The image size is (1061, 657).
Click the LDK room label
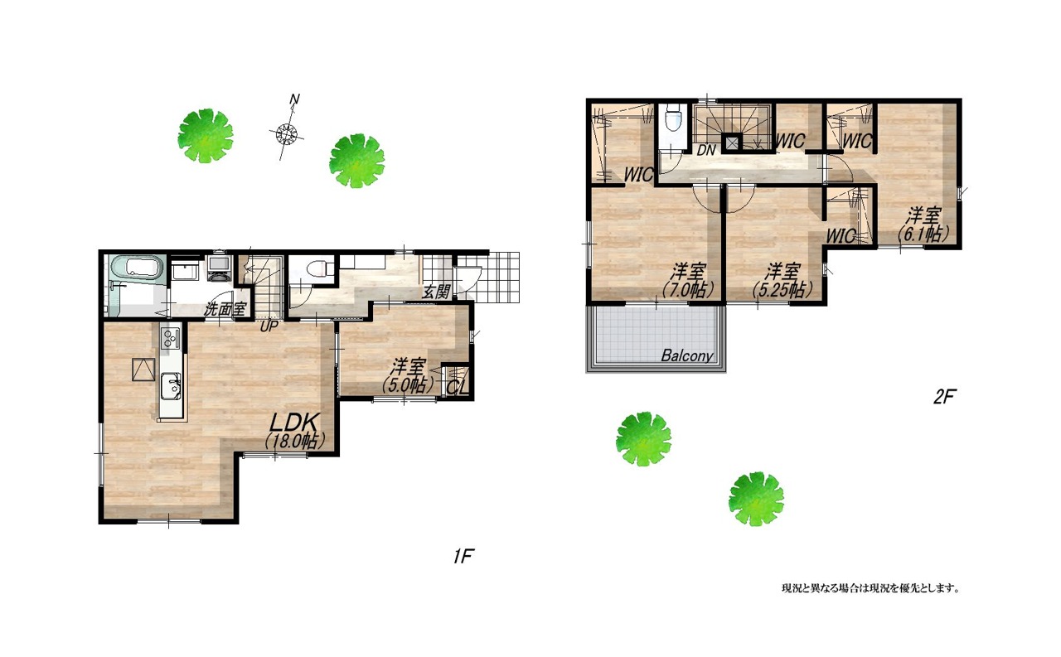coord(293,421)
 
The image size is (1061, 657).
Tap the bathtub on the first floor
coord(138,269)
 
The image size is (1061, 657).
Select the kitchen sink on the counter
coord(170,386)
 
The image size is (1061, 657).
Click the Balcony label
coord(687,355)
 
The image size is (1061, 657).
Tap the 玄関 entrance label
coord(436,292)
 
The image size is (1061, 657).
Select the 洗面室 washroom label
coord(225,310)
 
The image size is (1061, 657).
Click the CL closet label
coord(458,388)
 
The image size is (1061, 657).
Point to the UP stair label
coord(269,326)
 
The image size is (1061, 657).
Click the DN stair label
coord(705,151)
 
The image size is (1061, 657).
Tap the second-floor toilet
coord(672,118)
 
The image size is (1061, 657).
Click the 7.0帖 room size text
coord(688,289)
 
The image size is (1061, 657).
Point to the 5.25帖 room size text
coord(783,289)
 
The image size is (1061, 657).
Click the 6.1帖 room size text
coord(923,234)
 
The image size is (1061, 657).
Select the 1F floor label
coord(463,556)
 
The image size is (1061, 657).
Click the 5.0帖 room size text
coord(409,386)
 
